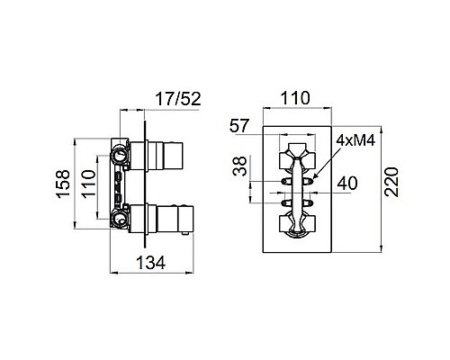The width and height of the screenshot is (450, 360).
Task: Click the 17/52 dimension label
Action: point(178,99)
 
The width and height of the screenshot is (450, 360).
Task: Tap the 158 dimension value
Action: point(64,184)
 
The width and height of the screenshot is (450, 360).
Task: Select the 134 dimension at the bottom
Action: point(150,263)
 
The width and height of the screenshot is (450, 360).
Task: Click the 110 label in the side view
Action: point(89,184)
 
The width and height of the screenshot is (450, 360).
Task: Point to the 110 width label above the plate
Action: point(295,98)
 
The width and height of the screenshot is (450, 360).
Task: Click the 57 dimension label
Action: point(239,126)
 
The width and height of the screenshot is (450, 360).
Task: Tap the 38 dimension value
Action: point(240,166)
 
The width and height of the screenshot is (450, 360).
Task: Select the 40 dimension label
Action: point(347,184)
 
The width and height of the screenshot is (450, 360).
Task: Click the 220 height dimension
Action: point(391,182)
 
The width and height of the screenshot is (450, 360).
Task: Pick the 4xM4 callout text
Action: point(355,140)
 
